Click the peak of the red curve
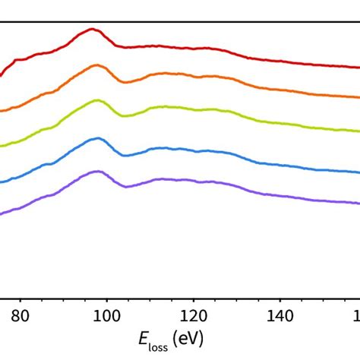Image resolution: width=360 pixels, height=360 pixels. pos(93,30)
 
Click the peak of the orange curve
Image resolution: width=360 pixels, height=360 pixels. pos(96,65)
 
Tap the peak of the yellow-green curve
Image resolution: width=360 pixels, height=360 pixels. pos(96,100)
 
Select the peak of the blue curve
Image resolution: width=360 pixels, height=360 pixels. pos(96,138)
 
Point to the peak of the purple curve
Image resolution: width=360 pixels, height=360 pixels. pos(96,172)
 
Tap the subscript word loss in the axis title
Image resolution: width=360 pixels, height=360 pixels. pos(157,343)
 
